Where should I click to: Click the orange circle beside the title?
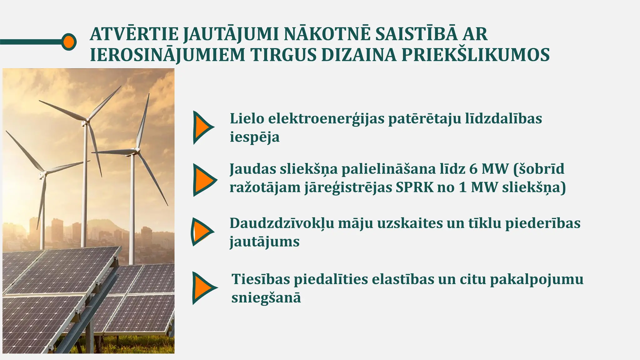[x=68, y=42]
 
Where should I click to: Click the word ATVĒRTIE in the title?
[x=134, y=34]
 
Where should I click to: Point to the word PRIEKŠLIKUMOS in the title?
[x=475, y=55]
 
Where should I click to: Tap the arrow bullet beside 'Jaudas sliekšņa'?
[x=203, y=180]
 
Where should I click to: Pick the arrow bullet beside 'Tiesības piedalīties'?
[x=203, y=288]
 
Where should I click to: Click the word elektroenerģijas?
[x=326, y=119]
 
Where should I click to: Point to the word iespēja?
[x=255, y=137]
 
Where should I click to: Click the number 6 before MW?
[x=473, y=169]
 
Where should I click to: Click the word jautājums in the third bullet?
[x=264, y=242]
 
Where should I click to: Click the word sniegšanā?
[x=266, y=297]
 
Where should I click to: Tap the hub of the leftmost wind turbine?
[x=44, y=172]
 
